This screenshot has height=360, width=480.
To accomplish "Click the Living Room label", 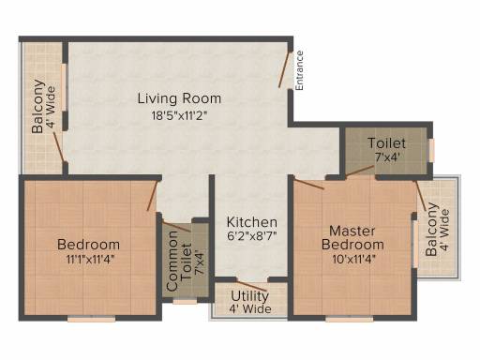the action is click(x=179, y=98).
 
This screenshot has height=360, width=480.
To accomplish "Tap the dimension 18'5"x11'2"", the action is click(x=180, y=116).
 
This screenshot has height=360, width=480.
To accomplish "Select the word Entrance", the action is click(x=299, y=70).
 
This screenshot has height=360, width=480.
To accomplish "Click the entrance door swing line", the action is click(x=284, y=69).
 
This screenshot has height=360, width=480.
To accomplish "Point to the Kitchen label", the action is click(x=252, y=222).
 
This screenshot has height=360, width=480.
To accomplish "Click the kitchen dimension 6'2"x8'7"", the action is click(x=252, y=236).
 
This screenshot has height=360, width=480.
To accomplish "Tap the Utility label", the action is click(x=249, y=296).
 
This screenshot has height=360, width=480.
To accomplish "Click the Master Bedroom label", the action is click(x=352, y=238).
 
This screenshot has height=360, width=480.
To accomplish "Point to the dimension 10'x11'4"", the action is click(x=353, y=259).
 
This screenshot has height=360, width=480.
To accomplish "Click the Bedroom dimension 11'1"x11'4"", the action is click(x=89, y=260).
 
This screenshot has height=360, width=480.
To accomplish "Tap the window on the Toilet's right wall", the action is click(x=431, y=150).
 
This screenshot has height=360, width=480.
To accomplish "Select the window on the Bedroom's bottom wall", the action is click(x=92, y=319).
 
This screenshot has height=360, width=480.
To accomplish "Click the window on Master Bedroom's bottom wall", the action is click(x=350, y=319).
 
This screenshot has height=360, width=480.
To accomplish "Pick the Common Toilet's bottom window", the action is click(x=185, y=302).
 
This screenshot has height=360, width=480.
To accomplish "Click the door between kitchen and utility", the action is click(x=252, y=286).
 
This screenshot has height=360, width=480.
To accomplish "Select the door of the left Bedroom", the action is click(x=152, y=196).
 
